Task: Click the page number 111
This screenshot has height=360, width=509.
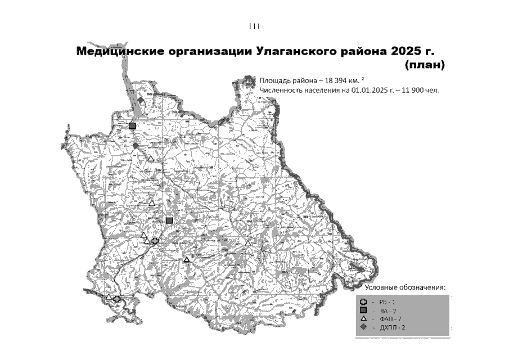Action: click(254, 26)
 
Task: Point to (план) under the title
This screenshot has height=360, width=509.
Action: click(425, 65)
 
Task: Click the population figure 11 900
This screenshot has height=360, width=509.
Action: click(413, 89)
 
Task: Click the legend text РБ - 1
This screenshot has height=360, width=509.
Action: click(388, 302)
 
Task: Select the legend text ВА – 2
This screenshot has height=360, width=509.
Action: click(388, 310)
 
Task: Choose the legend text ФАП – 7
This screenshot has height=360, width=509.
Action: click(389, 319)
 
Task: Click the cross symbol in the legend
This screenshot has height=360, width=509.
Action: click(364, 301)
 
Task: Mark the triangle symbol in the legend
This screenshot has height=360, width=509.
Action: click(364, 318)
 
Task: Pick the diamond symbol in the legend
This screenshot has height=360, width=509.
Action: click(364, 327)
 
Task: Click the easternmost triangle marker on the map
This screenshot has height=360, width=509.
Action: click(248, 243)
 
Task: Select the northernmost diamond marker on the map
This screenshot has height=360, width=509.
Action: click(141, 100)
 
